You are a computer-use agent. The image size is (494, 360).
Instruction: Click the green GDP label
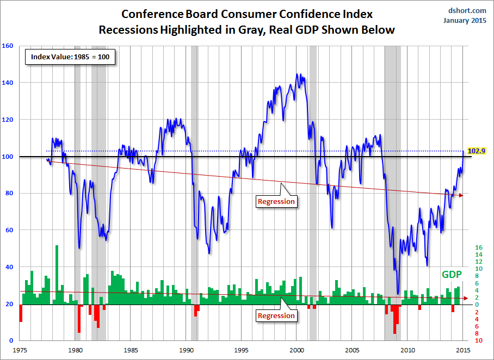tap(452, 275)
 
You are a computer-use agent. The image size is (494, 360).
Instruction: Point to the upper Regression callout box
tap(276, 201)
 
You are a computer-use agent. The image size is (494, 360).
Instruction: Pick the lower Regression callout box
tap(276, 315)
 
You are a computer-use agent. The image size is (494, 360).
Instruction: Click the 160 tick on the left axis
tap(8, 46)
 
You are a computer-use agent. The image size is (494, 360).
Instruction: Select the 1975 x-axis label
tap(20, 350)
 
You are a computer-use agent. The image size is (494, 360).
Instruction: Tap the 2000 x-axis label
tap(297, 350)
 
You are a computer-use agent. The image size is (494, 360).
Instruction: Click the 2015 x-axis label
tap(463, 350)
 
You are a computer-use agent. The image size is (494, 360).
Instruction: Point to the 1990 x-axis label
tap(186, 350)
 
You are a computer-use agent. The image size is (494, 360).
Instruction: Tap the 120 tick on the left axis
tap(8, 120)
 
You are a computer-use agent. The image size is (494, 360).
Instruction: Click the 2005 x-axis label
tap(353, 350)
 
